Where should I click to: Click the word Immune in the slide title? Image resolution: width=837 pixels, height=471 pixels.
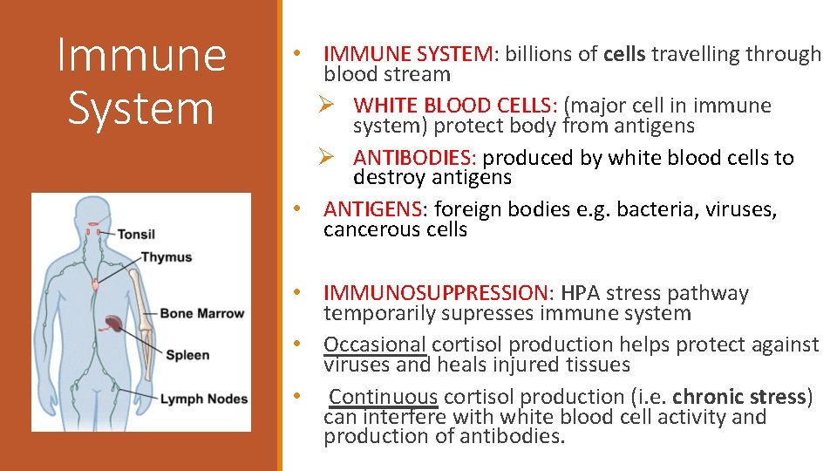pyautogui.click(x=140, y=54)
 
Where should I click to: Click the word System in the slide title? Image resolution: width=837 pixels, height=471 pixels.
pyautogui.click(x=140, y=108)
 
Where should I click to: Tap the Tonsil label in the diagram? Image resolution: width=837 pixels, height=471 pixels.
pyautogui.click(x=136, y=234)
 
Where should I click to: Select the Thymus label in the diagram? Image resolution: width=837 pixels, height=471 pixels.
pyautogui.click(x=167, y=257)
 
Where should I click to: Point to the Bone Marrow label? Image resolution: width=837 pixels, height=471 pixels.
pyautogui.click(x=202, y=313)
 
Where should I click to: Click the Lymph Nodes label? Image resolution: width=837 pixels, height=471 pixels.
pyautogui.click(x=203, y=399)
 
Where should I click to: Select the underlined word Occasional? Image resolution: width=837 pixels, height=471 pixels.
pyautogui.click(x=376, y=345)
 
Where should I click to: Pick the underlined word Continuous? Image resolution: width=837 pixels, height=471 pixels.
pyautogui.click(x=384, y=398)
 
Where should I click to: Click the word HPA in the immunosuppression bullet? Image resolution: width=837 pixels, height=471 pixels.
pyautogui.click(x=582, y=293)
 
